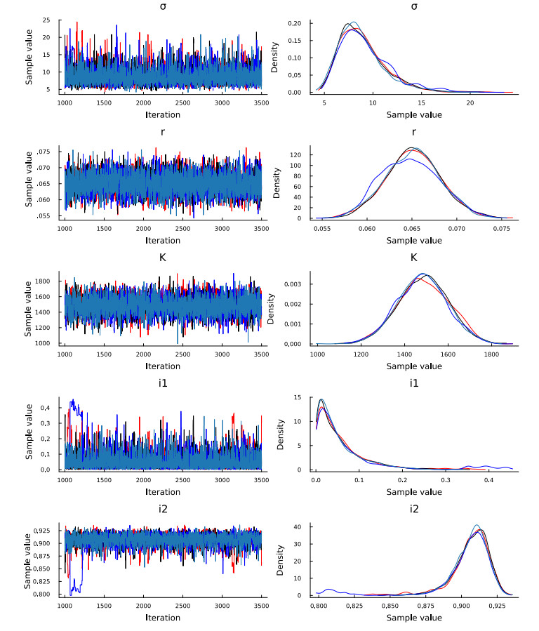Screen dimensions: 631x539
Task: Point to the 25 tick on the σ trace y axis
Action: tap(49, 20)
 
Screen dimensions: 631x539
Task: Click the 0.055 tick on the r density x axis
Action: tap(323, 229)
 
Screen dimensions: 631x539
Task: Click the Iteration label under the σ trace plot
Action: tap(163, 114)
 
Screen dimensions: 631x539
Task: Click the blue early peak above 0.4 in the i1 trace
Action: tap(73, 401)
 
